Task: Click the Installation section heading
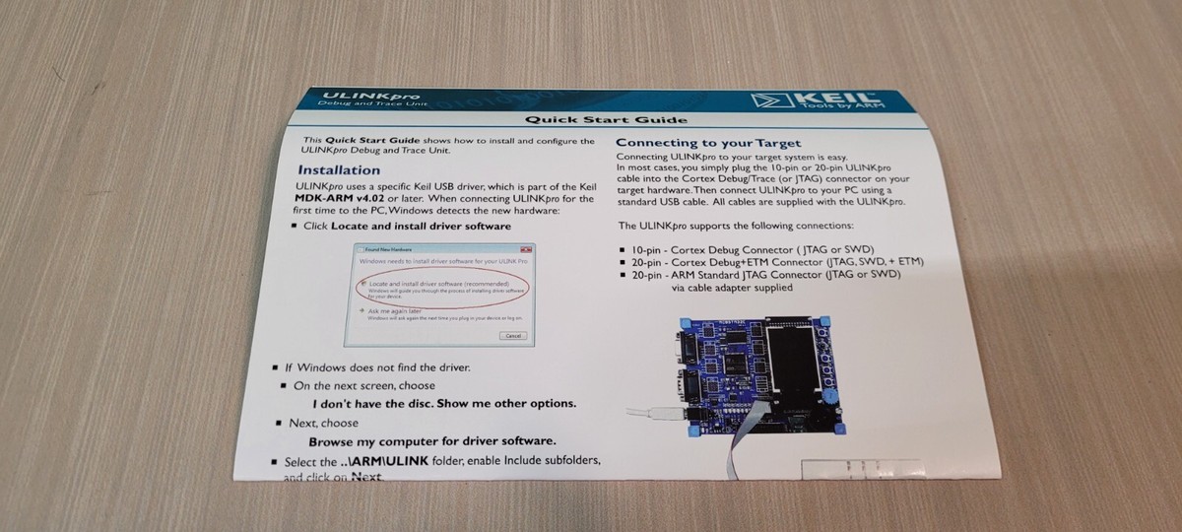tap(339, 169)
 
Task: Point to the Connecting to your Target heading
tap(708, 143)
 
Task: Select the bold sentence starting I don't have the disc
tap(444, 403)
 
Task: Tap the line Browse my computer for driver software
tap(432, 440)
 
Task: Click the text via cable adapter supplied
tap(731, 289)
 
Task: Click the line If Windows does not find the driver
tap(377, 367)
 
